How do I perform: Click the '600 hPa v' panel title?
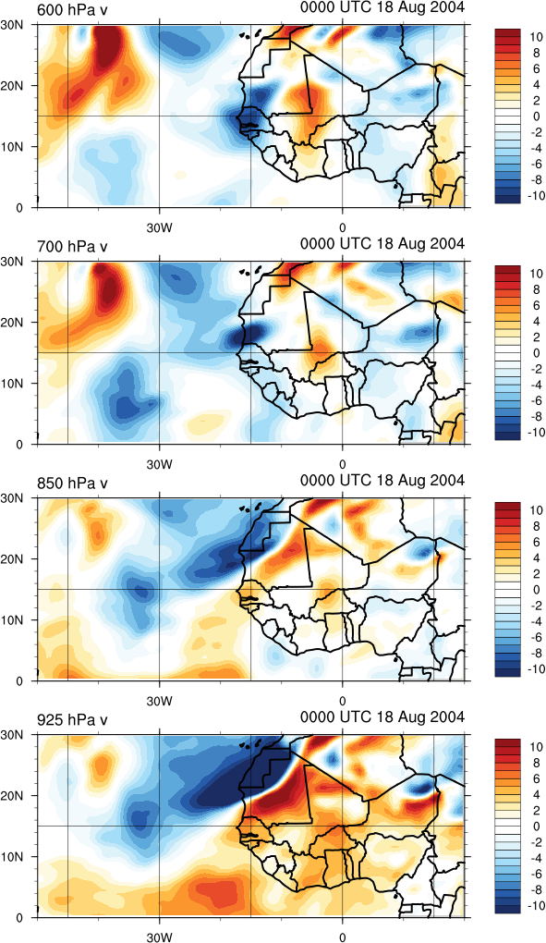[x=72, y=9]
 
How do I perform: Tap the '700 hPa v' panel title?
[x=72, y=247]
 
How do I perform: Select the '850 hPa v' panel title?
[x=72, y=483]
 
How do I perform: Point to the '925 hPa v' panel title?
[x=72, y=720]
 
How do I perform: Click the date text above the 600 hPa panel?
[x=382, y=7]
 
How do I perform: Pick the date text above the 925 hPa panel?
[x=382, y=717]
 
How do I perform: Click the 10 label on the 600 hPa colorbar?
[x=536, y=37]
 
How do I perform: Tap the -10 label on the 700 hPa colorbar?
[x=535, y=432]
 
